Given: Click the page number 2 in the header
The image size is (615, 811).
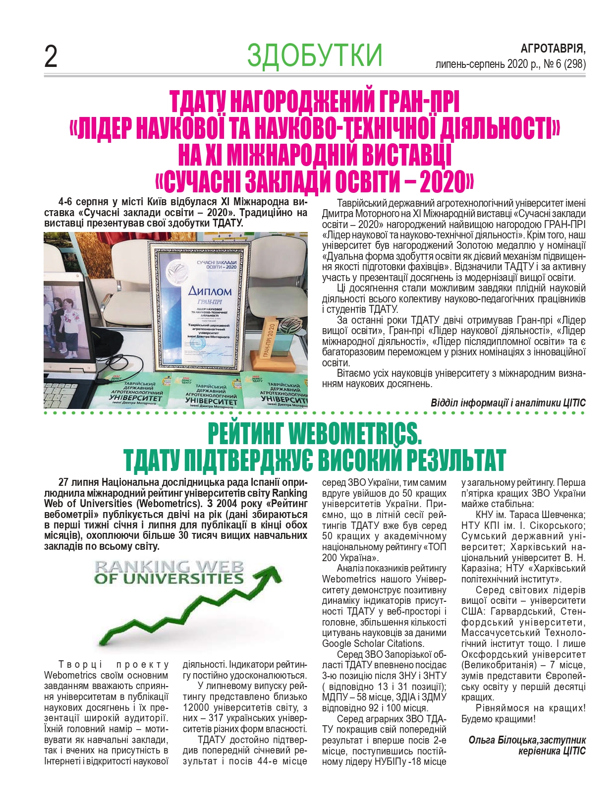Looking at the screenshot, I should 51,57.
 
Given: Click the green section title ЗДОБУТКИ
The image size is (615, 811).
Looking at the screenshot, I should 315,56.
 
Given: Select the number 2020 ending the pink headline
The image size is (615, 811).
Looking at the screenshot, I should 441,182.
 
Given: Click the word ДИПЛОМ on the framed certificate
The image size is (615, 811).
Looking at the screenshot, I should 209,291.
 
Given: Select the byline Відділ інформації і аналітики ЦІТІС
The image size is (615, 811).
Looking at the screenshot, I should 508,403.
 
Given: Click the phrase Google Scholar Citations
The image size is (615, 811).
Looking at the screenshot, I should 373,643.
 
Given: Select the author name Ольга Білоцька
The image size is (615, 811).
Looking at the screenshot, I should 502,740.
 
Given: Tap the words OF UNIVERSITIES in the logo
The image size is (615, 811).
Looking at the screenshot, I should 169,579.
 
